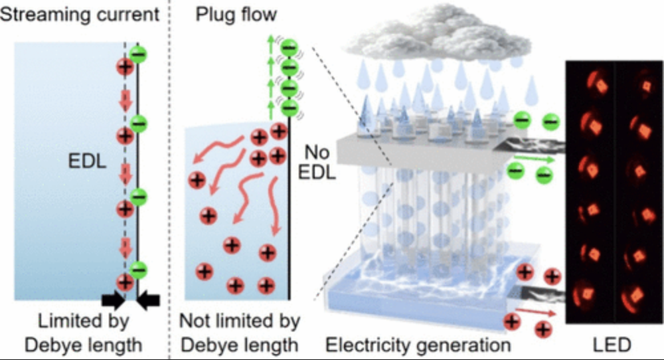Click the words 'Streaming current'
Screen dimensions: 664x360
[x=80, y=15]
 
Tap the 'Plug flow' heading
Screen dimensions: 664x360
[x=236, y=15]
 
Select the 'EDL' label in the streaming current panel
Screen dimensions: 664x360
[x=87, y=161]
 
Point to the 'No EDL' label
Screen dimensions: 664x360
[x=317, y=162]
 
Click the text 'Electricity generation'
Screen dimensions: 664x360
[x=418, y=345]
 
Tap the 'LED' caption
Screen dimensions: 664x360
[x=612, y=345]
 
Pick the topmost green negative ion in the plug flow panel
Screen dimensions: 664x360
[x=290, y=47]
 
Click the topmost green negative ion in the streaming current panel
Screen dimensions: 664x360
[x=139, y=54]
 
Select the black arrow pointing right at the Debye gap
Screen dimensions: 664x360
[x=114, y=300]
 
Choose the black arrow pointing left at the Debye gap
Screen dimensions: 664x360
[x=148, y=300]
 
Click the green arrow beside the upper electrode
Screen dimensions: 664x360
[x=535, y=159]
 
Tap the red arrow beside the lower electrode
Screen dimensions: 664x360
[x=536, y=313]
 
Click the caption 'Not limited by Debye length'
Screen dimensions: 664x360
[x=240, y=333]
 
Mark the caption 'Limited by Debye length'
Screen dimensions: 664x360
[x=84, y=333]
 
